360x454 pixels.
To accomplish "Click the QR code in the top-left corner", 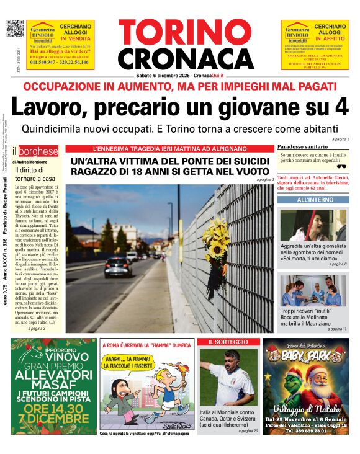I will click(x=14, y=29).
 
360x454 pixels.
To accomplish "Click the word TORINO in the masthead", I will click(x=180, y=33).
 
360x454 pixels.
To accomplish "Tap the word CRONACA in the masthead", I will click(x=180, y=59).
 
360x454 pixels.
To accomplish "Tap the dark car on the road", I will click(x=118, y=267).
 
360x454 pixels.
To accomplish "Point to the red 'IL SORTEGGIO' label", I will click(x=228, y=342).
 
